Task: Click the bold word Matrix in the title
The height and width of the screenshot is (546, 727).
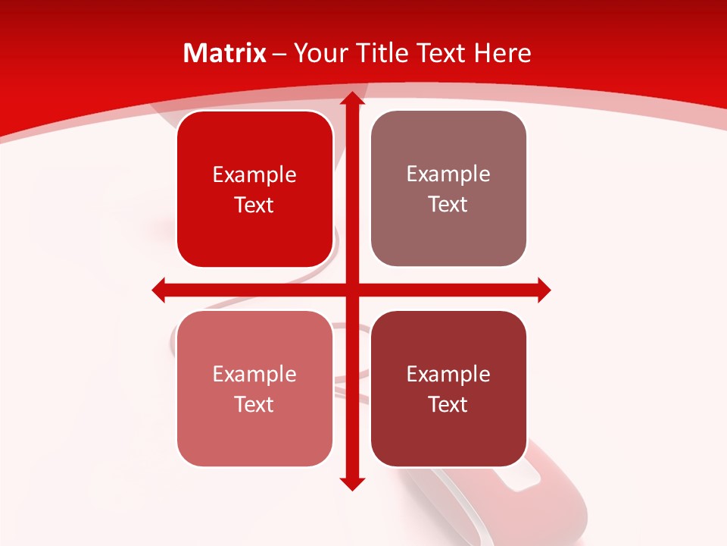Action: tap(225, 53)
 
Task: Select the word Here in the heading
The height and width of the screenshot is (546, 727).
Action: tap(502, 53)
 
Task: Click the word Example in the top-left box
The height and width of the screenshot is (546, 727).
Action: tap(254, 175)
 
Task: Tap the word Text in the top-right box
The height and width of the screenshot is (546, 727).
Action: tap(448, 205)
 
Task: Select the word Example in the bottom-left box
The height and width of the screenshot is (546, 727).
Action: tap(254, 375)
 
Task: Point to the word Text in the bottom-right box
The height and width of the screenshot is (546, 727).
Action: tap(448, 404)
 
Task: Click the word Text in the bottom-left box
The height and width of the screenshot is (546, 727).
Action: tap(254, 404)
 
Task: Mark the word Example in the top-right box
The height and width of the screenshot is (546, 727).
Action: tap(448, 174)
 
